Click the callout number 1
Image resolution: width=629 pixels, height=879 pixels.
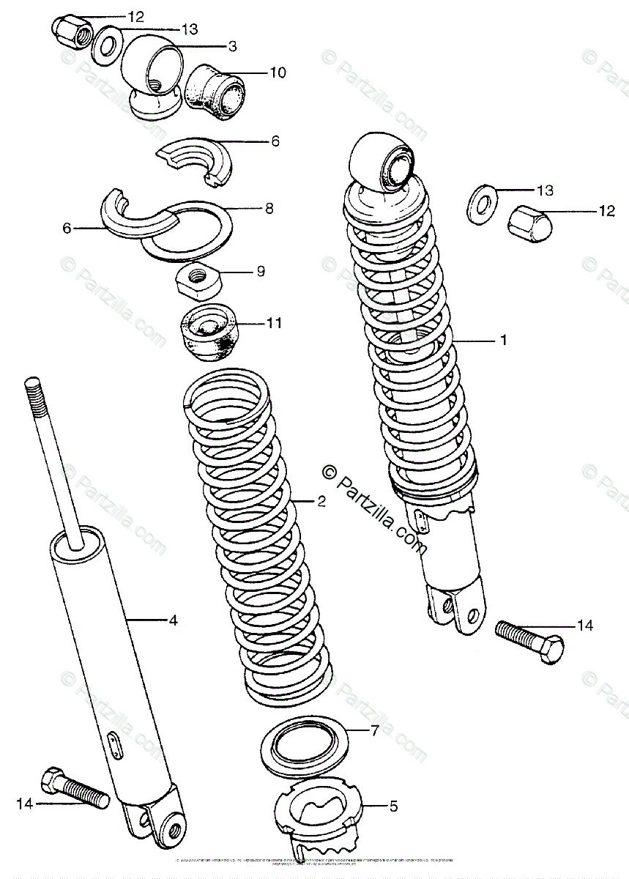click(503, 340)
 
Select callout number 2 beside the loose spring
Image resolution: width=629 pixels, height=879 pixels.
click(320, 502)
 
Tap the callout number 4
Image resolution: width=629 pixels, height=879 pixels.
click(173, 620)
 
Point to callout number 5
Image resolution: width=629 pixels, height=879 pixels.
click(393, 806)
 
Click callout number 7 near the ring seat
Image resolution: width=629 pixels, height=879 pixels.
click(374, 730)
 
